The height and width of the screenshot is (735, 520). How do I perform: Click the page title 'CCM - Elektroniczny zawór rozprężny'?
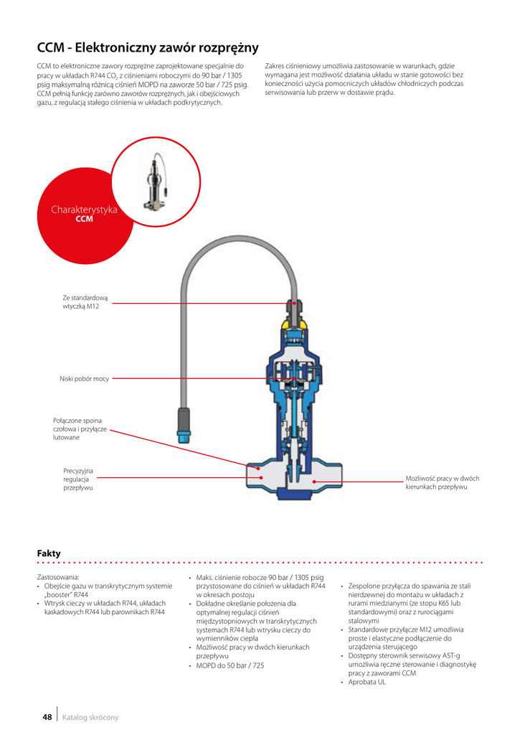(x=147, y=48)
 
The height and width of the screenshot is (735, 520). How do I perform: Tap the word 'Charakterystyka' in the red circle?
(x=84, y=210)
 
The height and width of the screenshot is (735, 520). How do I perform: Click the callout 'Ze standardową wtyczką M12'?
(x=85, y=302)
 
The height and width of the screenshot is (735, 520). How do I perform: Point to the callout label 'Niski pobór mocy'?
(x=84, y=378)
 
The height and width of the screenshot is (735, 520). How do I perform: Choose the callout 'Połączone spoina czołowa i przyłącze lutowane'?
(x=80, y=429)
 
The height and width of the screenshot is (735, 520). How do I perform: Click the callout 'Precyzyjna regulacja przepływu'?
(x=78, y=479)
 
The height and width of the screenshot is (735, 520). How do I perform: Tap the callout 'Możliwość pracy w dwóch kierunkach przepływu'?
(x=442, y=482)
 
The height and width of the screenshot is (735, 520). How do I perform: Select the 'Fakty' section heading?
(x=49, y=553)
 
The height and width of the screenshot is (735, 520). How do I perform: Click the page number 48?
(x=47, y=717)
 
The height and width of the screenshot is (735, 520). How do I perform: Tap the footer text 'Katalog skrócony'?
(x=90, y=717)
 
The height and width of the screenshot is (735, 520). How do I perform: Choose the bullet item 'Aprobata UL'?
(x=367, y=682)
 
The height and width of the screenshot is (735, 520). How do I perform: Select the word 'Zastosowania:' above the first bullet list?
(x=58, y=576)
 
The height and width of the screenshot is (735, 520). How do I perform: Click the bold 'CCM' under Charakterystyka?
(x=85, y=219)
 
